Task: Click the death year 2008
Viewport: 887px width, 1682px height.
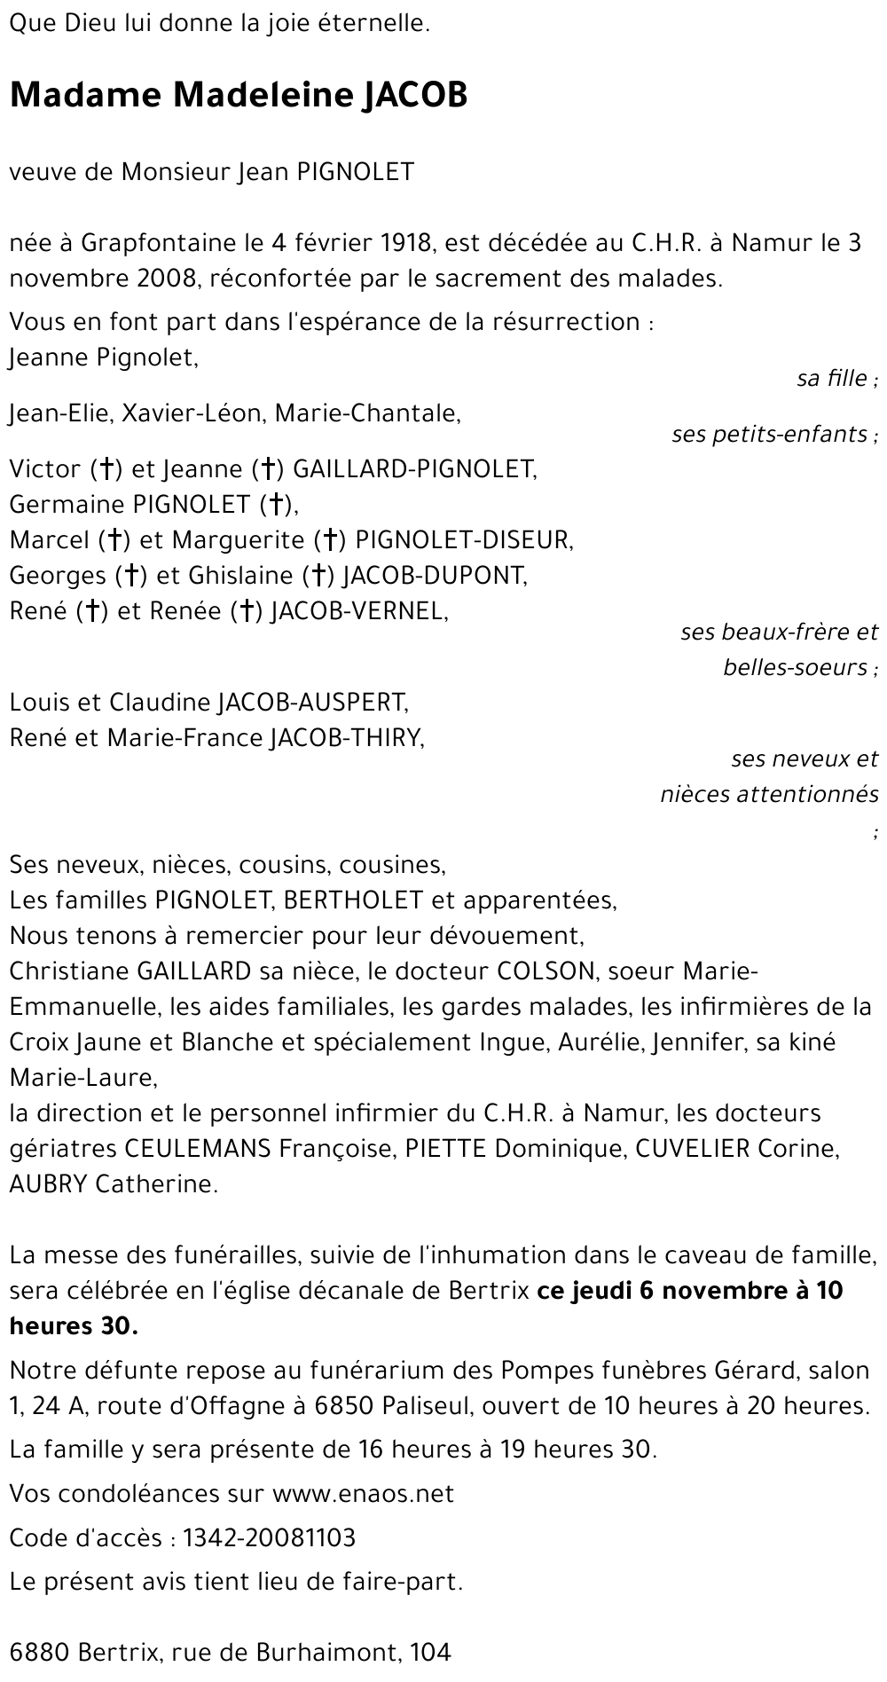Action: (x=167, y=279)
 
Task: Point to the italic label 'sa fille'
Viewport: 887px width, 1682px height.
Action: (x=833, y=378)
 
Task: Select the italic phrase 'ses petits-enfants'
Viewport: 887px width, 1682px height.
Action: (x=770, y=434)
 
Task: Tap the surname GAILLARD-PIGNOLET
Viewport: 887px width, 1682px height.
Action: (x=414, y=468)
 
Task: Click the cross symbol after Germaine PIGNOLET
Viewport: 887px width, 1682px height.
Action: (x=277, y=505)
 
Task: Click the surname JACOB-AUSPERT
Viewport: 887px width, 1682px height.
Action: (x=312, y=703)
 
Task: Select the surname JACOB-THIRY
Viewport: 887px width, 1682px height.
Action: (x=346, y=738)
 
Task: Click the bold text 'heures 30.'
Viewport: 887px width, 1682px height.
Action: (x=74, y=1326)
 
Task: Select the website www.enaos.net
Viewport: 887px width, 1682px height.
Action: (x=363, y=1494)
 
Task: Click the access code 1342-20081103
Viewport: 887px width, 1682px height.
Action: (x=269, y=1537)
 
